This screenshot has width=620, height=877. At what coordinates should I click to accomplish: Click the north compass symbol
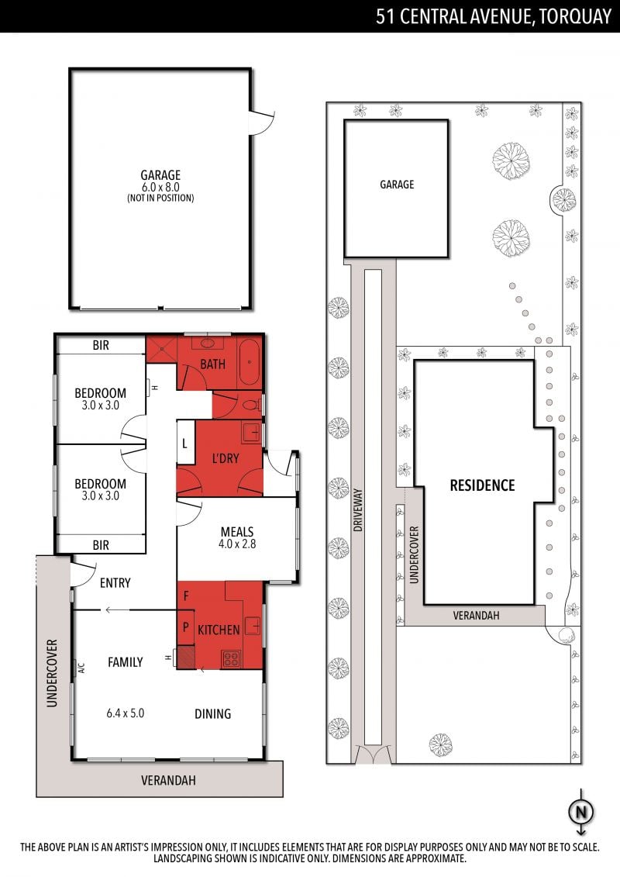pos(581,811)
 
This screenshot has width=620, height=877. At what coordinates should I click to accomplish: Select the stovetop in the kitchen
pos(231,659)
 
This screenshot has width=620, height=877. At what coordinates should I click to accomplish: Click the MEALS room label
pos(237,531)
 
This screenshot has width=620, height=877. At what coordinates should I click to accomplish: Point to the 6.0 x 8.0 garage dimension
pos(160,188)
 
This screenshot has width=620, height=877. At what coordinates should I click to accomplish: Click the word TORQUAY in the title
pos(575,16)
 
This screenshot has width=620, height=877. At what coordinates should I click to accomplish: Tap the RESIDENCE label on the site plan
pos(483,485)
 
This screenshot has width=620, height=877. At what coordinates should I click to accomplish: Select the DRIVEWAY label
pos(358,510)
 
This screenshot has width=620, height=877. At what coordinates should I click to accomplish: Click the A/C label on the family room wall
pos(81,668)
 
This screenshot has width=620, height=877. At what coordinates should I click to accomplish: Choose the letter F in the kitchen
pos(185,596)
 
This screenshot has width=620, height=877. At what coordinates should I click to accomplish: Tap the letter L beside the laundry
pos(184,444)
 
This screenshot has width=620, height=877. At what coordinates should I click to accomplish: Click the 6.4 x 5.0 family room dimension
pos(126,713)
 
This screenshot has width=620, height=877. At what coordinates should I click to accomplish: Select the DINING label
pos(212,713)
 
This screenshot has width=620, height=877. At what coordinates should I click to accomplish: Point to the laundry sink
pos(252,433)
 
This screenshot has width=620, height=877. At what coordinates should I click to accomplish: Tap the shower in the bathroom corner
pos(161,349)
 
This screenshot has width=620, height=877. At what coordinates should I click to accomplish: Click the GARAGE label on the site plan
pos(397,184)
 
